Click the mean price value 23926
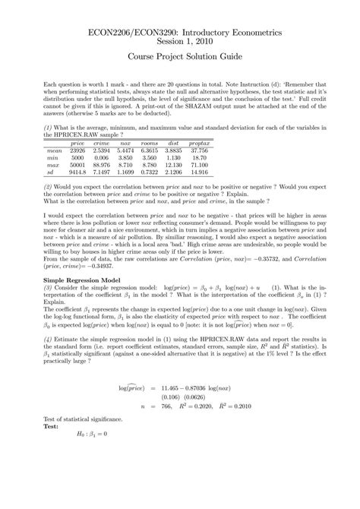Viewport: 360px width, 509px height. [x=77, y=150]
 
